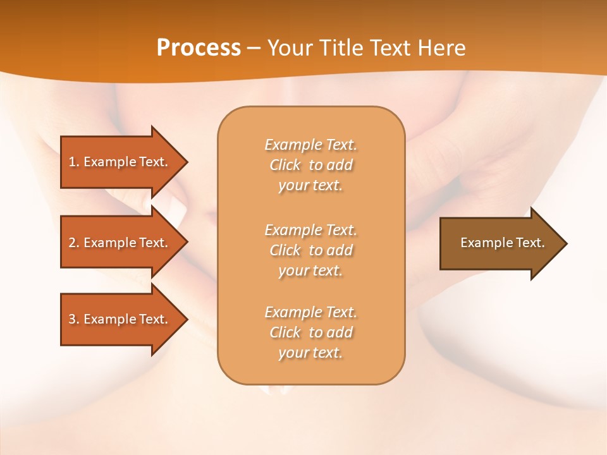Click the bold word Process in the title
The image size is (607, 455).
(199, 47)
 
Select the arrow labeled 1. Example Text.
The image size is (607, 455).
(120, 162)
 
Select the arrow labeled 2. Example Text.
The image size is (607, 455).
(120, 243)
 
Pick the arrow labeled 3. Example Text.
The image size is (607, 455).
(120, 319)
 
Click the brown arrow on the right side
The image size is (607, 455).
(500, 243)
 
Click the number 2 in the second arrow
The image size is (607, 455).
(72, 243)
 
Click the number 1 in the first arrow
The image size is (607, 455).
(72, 162)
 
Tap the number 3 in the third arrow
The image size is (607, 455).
(72, 319)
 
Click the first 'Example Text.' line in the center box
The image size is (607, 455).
(310, 145)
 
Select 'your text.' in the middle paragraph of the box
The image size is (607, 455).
(310, 270)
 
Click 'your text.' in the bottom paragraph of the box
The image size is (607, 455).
(310, 353)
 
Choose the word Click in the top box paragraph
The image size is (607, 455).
(285, 165)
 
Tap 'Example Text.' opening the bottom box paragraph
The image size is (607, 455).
(310, 312)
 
